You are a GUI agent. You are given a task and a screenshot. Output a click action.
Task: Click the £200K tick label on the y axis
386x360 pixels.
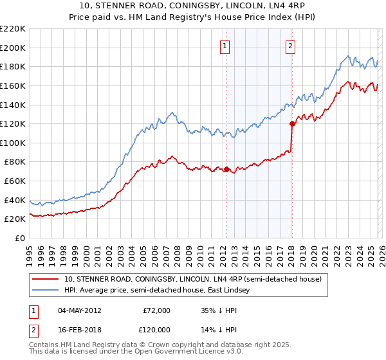tap(13, 48)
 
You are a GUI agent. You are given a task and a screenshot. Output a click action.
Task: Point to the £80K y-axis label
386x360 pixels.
tap(15, 162)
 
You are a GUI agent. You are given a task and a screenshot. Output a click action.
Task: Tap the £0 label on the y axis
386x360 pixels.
tap(21, 238)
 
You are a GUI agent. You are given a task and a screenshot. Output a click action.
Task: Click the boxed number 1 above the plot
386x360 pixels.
tap(226, 46)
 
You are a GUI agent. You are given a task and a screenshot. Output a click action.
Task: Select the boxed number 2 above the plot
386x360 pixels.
tap(291, 46)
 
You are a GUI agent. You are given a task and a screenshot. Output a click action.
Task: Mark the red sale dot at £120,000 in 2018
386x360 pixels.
tap(292, 123)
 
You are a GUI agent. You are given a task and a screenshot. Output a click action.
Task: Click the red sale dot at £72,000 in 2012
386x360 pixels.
tap(226, 169)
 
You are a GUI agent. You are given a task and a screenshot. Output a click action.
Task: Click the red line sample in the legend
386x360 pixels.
tap(46, 279)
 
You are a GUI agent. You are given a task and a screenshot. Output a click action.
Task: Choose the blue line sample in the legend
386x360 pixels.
tap(46, 290)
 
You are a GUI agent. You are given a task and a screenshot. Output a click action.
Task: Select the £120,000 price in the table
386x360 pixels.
tap(156, 328)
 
